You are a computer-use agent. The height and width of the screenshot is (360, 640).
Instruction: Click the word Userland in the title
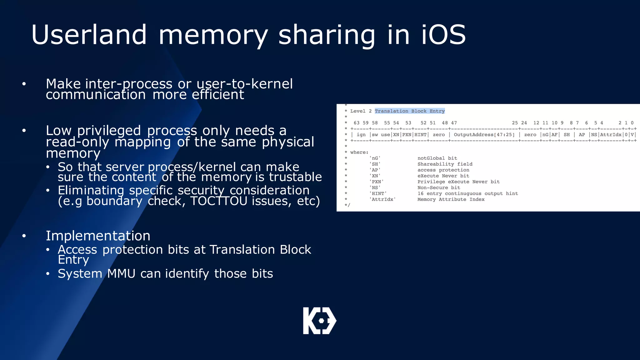click(89, 35)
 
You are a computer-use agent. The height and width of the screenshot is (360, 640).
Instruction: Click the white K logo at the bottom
click(319, 321)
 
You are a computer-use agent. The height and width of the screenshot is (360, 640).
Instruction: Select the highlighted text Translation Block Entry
click(409, 111)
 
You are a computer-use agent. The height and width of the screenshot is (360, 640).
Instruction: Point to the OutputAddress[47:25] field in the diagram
click(484, 135)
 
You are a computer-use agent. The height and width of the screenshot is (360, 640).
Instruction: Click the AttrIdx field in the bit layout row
click(611, 135)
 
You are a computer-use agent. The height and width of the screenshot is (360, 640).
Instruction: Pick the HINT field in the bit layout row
click(420, 135)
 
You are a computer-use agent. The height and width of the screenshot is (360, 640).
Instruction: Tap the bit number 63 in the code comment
click(357, 123)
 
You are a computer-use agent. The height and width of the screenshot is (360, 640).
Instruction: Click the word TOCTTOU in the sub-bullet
click(219, 201)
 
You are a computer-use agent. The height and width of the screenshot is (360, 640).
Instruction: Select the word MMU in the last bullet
click(121, 274)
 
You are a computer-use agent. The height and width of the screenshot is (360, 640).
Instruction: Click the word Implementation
click(98, 236)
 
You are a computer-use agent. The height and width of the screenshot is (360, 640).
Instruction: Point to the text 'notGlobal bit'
click(437, 158)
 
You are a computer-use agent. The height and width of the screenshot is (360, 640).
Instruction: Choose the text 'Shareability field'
click(445, 164)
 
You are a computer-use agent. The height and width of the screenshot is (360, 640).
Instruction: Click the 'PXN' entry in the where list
click(376, 182)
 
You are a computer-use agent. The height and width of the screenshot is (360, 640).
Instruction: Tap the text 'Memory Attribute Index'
click(451, 199)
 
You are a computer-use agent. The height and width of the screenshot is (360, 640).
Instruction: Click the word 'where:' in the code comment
click(359, 152)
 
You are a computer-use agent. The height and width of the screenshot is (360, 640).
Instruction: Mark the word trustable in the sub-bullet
click(295, 177)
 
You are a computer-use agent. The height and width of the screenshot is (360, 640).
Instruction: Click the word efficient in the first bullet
click(218, 95)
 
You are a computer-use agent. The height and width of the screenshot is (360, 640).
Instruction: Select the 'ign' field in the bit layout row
click(361, 135)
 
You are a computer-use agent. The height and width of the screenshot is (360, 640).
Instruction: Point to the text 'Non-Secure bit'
click(439, 187)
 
